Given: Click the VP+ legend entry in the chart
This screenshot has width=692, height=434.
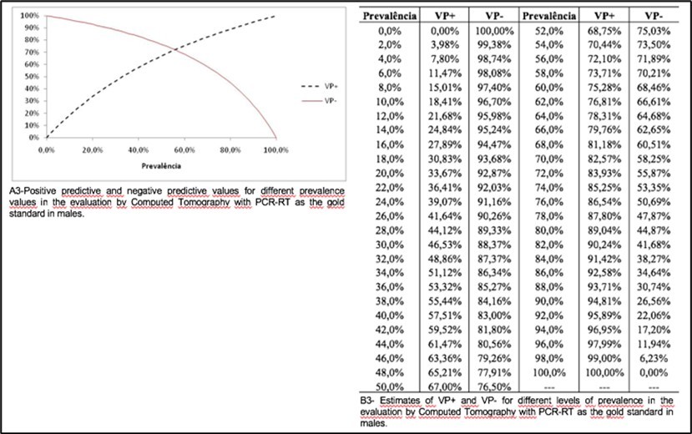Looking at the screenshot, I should pyautogui.click(x=316, y=85).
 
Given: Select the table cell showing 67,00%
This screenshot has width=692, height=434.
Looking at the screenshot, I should pyautogui.click(x=443, y=388).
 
